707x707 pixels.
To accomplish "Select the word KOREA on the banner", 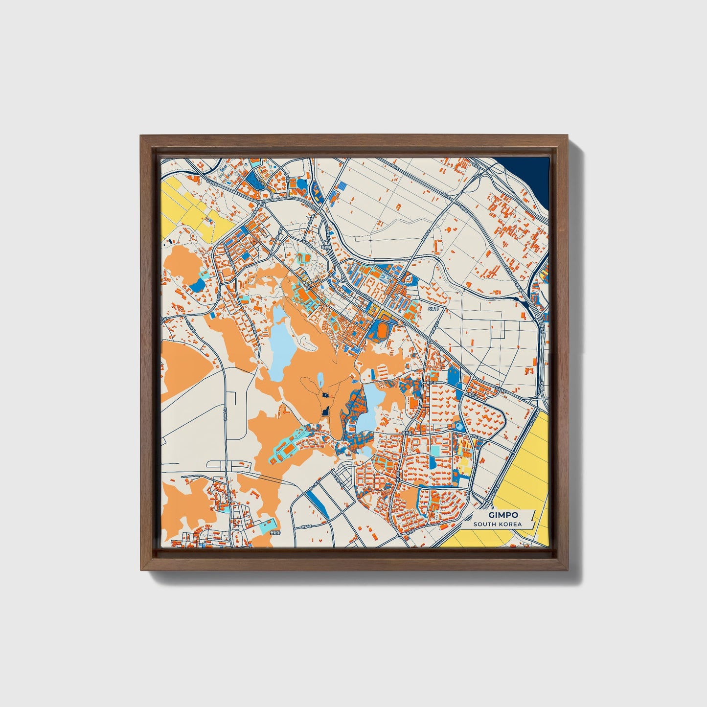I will (509, 525).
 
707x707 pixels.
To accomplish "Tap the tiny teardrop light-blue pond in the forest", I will (320, 379).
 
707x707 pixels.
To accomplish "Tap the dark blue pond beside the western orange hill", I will (198, 284).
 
